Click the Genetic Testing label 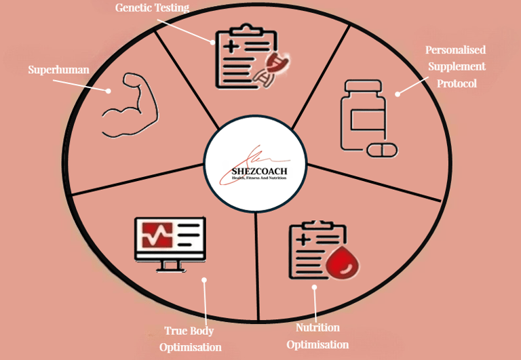(x=153, y=8)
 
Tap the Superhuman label (x=58, y=70)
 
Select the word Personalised (x=455, y=50)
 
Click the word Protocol (x=456, y=83)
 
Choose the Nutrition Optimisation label (x=317, y=336)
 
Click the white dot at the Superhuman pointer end (x=109, y=90)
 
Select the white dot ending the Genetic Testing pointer (x=212, y=41)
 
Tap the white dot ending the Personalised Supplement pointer (x=398, y=94)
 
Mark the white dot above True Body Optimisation (x=204, y=279)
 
